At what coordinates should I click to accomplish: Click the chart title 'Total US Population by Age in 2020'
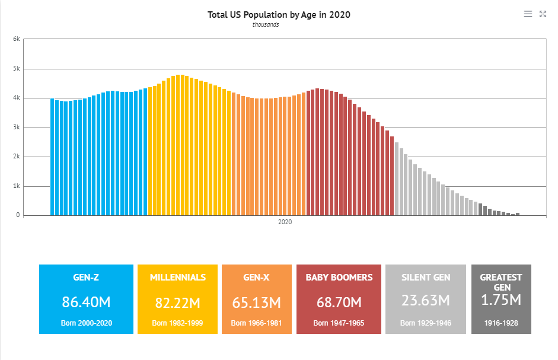[279, 14]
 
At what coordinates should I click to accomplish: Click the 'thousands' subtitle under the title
[266, 25]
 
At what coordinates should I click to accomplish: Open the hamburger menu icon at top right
[528, 14]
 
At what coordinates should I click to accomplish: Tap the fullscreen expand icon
[543, 14]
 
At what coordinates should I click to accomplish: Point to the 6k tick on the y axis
[17, 39]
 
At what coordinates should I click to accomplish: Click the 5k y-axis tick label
[17, 69]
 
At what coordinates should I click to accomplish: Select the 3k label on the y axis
[17, 128]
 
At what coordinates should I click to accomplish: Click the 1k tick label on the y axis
[17, 186]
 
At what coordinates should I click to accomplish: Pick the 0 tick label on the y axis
[18, 215]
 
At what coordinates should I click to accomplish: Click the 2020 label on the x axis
[285, 222]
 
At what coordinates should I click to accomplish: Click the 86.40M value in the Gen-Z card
[86, 302]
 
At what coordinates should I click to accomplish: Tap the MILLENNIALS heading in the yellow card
[178, 278]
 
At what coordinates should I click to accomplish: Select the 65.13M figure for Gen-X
[257, 302]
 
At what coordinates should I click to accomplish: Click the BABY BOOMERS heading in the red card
[339, 278]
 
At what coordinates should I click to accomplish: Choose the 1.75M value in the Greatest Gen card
[501, 300]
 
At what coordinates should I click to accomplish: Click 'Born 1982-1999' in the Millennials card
[178, 323]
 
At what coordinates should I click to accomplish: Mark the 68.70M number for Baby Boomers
[339, 302]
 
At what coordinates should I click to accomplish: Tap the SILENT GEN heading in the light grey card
[426, 278]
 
